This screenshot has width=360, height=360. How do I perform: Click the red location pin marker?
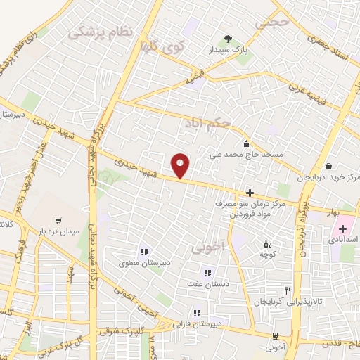coord(181,165)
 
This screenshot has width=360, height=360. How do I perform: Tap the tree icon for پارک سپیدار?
coord(227,39)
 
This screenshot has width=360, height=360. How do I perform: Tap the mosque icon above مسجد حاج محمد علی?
coord(245,143)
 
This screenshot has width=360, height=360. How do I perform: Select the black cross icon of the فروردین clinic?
coord(250,192)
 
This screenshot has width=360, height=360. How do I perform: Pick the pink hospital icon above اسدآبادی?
coord(342,229)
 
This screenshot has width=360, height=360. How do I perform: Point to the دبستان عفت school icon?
coord(207,273)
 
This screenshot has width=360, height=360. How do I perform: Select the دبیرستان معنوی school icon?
coord(143,252)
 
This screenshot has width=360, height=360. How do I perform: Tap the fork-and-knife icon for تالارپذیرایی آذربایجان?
coord(287,290)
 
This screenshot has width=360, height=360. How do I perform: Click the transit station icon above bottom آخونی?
coord(276,335)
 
